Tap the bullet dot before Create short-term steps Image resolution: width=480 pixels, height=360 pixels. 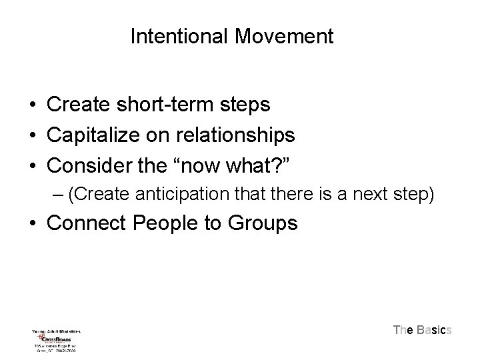[31, 105]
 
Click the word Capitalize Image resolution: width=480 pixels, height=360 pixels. [94, 136]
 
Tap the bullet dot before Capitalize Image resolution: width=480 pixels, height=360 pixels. [31, 137]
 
